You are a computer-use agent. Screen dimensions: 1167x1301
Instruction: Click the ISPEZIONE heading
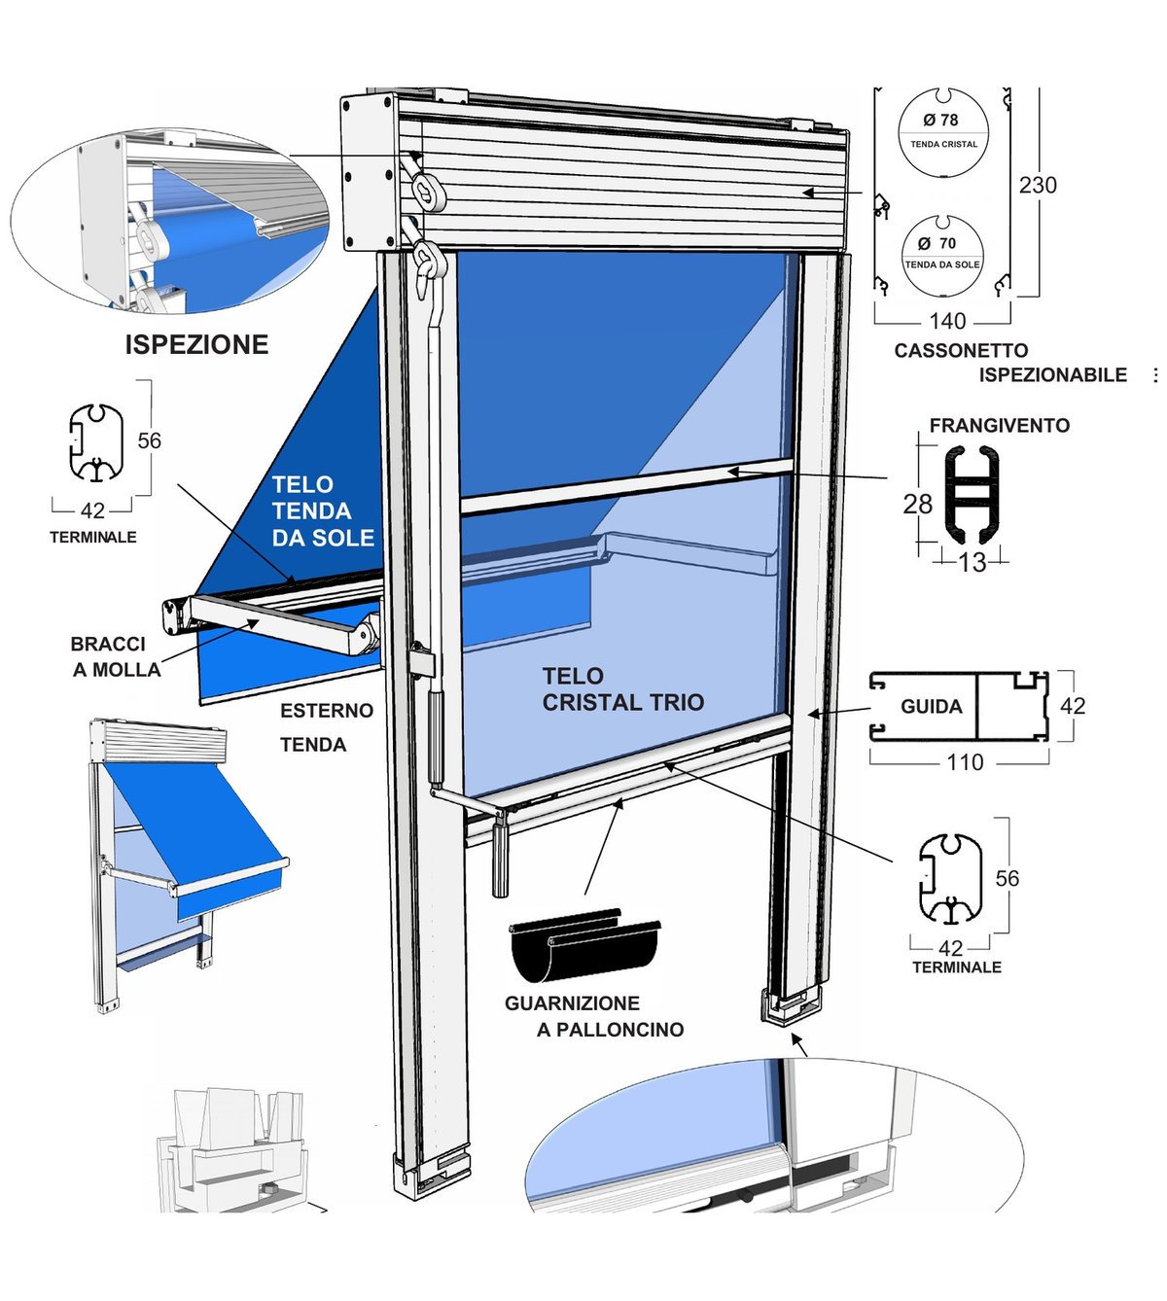click(196, 345)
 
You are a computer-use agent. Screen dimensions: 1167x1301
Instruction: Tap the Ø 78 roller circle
click(943, 133)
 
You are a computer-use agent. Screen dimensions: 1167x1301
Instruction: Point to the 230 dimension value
click(1038, 185)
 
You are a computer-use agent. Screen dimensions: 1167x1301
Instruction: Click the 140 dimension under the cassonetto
click(948, 321)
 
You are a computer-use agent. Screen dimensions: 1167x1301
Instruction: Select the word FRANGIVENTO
click(1000, 425)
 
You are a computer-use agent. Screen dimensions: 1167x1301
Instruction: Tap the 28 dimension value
click(918, 504)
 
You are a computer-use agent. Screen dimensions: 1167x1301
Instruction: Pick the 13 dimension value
click(972, 563)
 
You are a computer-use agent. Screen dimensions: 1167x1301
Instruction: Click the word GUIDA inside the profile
click(932, 706)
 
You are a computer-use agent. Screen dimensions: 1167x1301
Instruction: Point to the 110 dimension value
click(966, 762)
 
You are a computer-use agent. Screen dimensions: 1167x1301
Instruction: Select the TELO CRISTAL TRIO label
click(623, 689)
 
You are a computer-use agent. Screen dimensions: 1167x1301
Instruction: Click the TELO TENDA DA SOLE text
click(323, 511)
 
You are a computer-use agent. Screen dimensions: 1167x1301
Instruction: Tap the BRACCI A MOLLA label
click(116, 657)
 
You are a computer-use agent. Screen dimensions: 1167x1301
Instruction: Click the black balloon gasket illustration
click(584, 944)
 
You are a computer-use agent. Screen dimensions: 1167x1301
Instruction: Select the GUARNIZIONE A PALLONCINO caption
click(594, 1016)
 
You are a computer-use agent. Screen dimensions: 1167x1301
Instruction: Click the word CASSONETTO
click(962, 351)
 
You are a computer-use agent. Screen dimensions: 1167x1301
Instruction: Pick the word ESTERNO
click(327, 711)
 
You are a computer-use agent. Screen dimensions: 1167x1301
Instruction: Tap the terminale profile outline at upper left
click(71, 443)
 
